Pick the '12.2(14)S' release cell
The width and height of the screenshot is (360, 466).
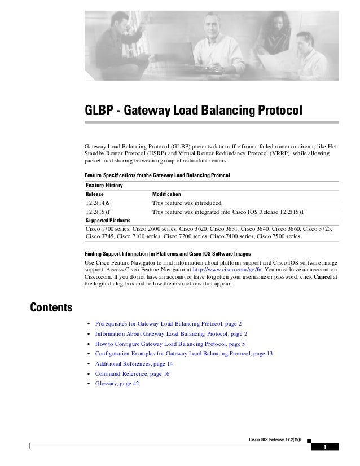click(98, 203)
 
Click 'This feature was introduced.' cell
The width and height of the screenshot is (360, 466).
click(188, 203)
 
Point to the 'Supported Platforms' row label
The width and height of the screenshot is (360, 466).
click(108, 220)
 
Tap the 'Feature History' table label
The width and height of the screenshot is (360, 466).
click(104, 185)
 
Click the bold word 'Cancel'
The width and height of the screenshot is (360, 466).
click(322, 276)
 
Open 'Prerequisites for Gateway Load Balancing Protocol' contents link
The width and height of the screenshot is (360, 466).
click(168, 323)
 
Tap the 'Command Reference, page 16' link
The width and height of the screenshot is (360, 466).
click(132, 373)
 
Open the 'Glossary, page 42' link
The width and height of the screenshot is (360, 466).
click(117, 384)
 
